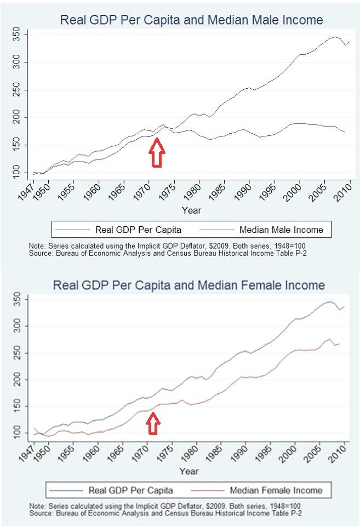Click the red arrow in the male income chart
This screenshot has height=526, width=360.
[x=157, y=152]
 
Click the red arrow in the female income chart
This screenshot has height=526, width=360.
[x=154, y=422]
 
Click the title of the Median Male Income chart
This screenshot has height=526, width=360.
[x=191, y=20]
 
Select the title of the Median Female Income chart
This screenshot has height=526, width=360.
[x=188, y=285]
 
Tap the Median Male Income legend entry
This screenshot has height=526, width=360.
[x=281, y=229]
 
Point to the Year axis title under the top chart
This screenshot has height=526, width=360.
[x=191, y=210]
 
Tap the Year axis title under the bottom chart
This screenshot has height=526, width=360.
[x=189, y=471]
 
